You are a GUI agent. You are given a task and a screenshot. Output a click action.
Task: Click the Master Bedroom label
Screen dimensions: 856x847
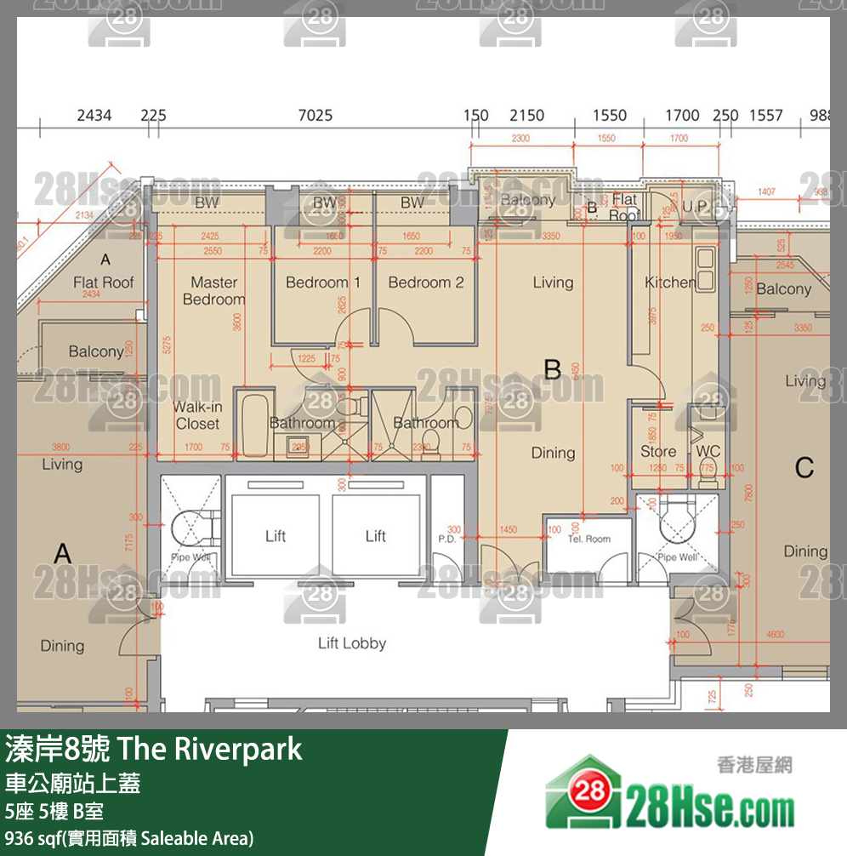(213, 290)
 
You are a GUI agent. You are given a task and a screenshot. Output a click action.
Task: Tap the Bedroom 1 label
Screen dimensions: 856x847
(322, 282)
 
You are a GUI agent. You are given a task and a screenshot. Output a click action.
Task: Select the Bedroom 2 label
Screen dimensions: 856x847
(426, 282)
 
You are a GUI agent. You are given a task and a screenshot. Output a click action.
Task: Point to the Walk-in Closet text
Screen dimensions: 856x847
(197, 415)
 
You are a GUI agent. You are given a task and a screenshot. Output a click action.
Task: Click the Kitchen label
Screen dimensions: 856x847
(669, 282)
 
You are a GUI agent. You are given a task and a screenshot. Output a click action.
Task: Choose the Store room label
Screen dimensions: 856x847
(658, 452)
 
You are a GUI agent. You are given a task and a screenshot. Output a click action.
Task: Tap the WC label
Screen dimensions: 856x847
(708, 451)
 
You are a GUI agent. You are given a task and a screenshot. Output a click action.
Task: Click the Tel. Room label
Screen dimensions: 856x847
(589, 539)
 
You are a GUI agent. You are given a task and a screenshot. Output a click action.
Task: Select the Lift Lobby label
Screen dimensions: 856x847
(352, 643)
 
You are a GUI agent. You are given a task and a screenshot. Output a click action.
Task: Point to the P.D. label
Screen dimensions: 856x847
(447, 539)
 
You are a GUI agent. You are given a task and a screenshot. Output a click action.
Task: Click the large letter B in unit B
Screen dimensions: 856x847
(553, 369)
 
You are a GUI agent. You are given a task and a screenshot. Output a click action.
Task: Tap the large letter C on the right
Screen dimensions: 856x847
(804, 467)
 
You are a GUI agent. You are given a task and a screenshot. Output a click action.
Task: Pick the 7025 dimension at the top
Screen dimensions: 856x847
(315, 116)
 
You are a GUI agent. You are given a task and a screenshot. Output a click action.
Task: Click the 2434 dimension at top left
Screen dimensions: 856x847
(94, 116)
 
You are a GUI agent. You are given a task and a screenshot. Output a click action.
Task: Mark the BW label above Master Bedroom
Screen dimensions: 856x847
(207, 203)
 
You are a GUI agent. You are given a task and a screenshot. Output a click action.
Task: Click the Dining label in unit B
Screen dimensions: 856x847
(553, 453)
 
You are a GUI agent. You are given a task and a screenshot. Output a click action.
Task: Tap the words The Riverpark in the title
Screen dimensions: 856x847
(210, 750)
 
